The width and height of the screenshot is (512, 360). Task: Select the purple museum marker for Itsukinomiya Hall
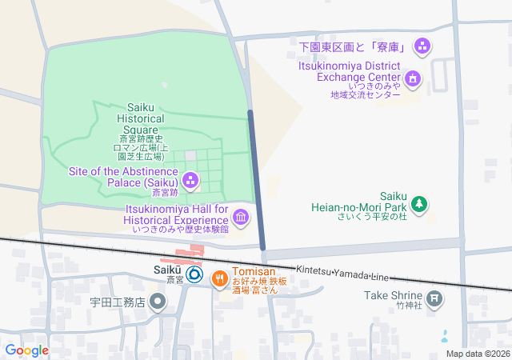tap(241, 217)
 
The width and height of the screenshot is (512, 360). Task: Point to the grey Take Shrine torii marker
tap(434, 301)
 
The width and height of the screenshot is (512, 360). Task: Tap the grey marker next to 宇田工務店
tap(158, 302)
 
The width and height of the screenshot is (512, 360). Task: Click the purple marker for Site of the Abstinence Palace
tap(190, 178)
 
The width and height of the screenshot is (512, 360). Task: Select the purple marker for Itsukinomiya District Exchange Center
tap(412, 78)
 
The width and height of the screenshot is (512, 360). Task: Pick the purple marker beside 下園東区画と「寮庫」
tap(423, 46)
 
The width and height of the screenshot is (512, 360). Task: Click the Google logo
tap(26, 350)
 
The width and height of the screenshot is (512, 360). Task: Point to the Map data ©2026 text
tap(477, 354)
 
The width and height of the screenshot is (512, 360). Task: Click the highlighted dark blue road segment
tap(256, 179)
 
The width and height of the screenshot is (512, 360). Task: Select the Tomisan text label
tap(254, 271)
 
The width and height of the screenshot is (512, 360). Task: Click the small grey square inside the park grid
tap(190, 154)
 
